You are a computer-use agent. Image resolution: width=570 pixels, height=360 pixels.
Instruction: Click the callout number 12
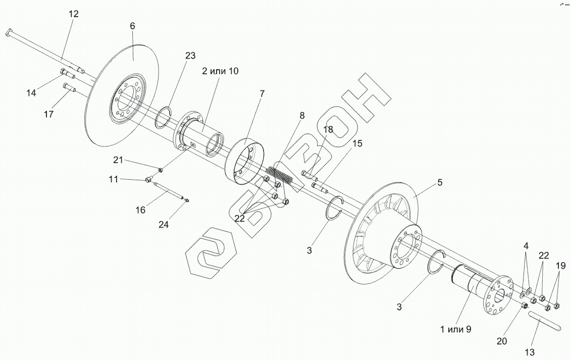(x=73, y=14)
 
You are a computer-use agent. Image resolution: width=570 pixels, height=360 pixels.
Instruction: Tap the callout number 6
(x=132, y=26)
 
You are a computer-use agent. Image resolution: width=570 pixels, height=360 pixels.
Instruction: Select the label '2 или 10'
(x=220, y=71)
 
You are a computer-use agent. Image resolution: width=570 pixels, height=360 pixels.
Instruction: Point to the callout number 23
(x=190, y=56)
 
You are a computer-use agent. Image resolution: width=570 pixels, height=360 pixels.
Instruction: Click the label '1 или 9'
(x=455, y=330)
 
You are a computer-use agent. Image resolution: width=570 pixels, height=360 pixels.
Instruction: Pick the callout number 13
(x=530, y=352)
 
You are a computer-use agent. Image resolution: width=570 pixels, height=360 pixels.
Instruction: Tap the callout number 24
(x=164, y=225)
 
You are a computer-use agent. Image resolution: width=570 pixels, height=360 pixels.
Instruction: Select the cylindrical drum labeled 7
(x=244, y=161)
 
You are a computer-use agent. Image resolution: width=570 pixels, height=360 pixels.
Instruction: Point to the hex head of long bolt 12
(x=10, y=33)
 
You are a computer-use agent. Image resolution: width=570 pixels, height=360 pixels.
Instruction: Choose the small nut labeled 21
(x=161, y=169)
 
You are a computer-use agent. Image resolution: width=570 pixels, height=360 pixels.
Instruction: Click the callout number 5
(x=440, y=183)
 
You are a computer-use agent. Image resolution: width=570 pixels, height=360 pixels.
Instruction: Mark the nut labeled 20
(x=524, y=305)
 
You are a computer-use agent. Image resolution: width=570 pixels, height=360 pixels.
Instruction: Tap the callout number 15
(x=357, y=143)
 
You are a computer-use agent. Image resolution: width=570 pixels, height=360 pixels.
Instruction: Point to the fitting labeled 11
(x=148, y=179)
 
